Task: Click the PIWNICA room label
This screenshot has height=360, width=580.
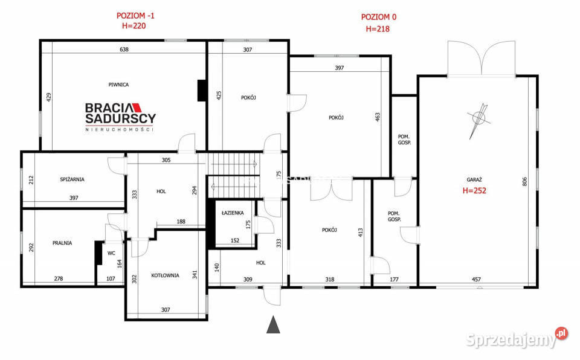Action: [118, 85]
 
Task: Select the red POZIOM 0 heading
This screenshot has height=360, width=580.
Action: [378, 17]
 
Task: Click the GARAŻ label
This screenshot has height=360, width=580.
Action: [474, 179]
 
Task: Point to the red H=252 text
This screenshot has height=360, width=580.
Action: [474, 190]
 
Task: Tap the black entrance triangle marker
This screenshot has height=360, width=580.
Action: [274, 324]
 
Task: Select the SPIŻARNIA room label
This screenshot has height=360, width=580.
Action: [72, 179]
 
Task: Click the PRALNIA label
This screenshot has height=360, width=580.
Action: [62, 243]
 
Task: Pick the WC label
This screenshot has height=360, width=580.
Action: [111, 253]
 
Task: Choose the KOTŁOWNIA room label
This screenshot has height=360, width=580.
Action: [164, 275]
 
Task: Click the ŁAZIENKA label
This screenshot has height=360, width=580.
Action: [232, 213]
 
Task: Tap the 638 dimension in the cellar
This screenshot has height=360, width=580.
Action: [124, 50]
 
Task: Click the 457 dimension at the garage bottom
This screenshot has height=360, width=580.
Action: [476, 279]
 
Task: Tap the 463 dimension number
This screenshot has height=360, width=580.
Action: [377, 117]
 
